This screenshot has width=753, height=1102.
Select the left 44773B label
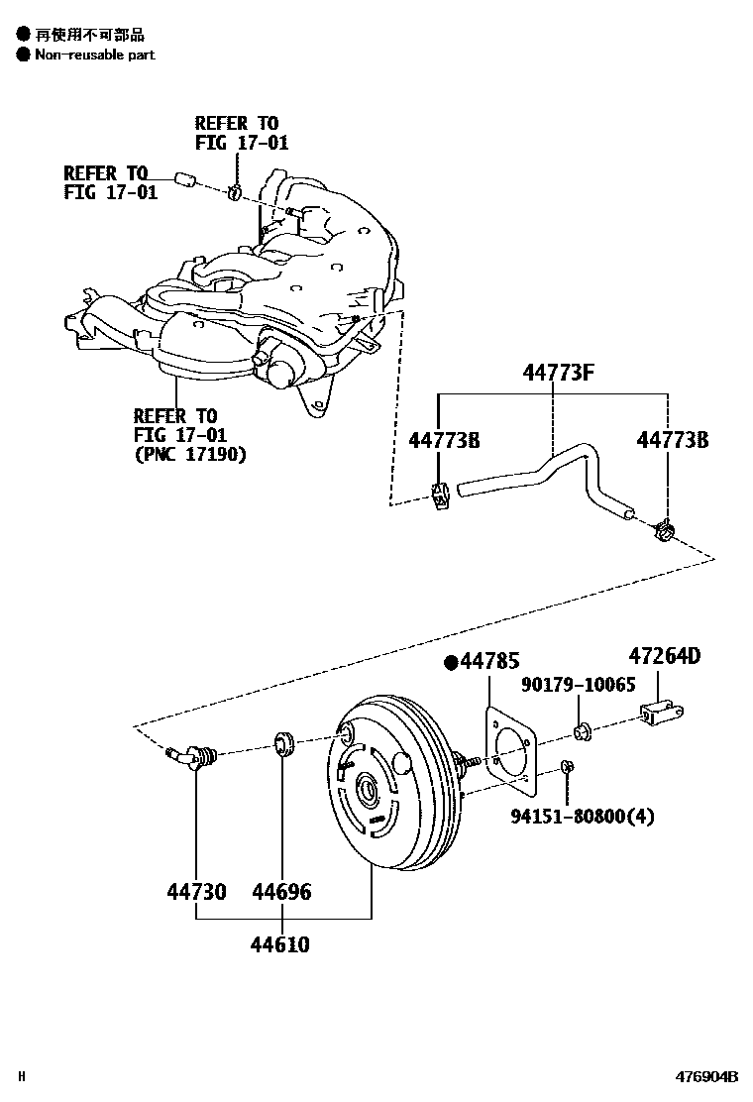click(444, 439)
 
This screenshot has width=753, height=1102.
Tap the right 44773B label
click(672, 439)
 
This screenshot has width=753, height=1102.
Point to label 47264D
click(664, 655)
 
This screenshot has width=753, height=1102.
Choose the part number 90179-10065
click(579, 685)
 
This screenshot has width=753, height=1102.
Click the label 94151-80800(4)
click(583, 817)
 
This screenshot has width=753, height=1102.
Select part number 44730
click(196, 892)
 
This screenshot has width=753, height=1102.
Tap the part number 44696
click(281, 892)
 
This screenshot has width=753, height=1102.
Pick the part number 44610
click(279, 944)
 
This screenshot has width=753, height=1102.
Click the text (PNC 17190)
click(190, 455)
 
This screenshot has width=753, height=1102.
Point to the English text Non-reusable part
click(95, 55)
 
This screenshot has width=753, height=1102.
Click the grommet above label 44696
click(282, 743)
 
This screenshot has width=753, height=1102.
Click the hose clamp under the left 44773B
click(442, 496)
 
